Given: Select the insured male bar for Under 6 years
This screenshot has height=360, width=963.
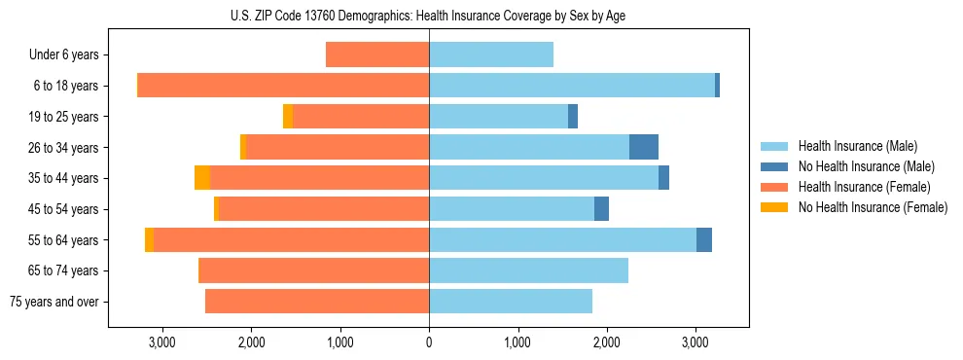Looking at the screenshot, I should [x=491, y=55].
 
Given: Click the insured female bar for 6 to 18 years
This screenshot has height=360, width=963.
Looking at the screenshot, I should [x=283, y=86].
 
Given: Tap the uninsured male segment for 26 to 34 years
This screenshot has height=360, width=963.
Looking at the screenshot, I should [x=644, y=147].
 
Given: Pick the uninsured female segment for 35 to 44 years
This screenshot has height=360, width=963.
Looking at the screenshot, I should [x=202, y=178].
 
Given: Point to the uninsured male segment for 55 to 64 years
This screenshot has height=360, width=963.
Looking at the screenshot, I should [x=704, y=239].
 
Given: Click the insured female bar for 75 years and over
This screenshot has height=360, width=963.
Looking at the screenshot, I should [x=317, y=302].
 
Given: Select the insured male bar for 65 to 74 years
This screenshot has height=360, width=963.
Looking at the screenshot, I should [x=528, y=270].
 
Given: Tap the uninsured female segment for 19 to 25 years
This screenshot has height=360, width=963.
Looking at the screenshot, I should [x=288, y=117].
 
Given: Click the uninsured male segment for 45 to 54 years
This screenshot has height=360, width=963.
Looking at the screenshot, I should [x=601, y=208].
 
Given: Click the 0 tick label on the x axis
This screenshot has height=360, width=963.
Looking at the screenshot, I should [x=429, y=342].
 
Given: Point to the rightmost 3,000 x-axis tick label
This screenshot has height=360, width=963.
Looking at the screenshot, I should [x=695, y=342].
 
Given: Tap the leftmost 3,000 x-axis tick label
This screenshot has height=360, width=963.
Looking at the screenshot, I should [x=161, y=342].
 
